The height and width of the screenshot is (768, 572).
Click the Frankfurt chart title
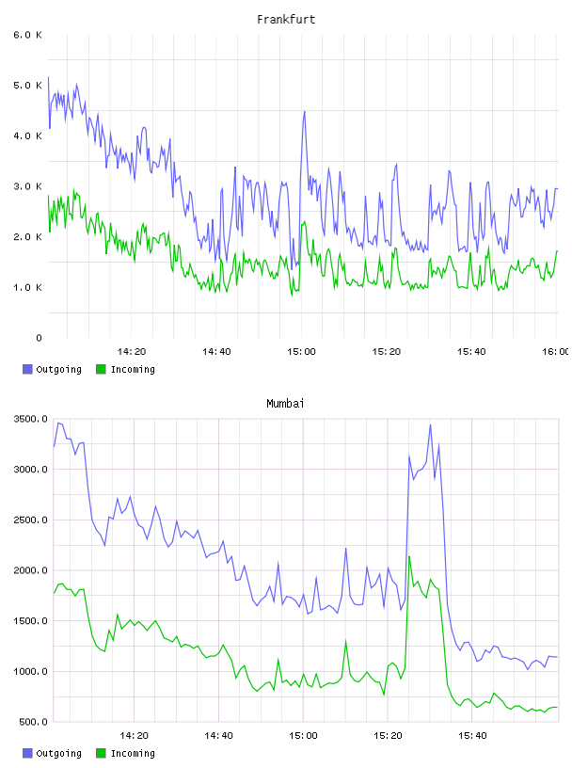(x=286, y=20)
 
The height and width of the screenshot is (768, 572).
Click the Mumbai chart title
(x=285, y=404)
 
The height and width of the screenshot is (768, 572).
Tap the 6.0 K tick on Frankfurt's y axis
(x=27, y=35)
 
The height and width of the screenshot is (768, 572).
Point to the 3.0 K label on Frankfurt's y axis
(x=27, y=186)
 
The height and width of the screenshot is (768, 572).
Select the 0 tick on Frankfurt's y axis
(x=39, y=338)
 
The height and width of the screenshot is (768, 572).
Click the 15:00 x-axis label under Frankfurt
(x=301, y=351)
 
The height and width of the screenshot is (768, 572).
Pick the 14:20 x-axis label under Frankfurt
(x=132, y=351)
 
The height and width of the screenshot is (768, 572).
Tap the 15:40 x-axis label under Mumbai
(x=472, y=735)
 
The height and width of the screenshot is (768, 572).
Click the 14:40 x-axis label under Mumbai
(x=218, y=735)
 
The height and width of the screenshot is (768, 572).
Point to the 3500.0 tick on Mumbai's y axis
(x=30, y=419)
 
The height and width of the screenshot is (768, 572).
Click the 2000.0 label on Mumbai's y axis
(x=30, y=570)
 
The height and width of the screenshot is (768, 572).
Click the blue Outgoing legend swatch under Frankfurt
(x=27, y=369)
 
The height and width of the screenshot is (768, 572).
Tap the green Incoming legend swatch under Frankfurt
(x=101, y=369)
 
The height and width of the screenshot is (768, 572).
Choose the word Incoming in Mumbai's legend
(x=133, y=753)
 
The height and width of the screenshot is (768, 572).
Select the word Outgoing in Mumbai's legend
(x=58, y=753)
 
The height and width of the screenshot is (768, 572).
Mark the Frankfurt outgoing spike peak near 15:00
(x=304, y=112)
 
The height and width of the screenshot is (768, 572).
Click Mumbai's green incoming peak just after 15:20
(x=409, y=557)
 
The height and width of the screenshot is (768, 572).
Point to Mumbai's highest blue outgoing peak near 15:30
(x=431, y=424)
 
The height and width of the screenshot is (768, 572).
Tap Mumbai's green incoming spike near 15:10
(x=346, y=642)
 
